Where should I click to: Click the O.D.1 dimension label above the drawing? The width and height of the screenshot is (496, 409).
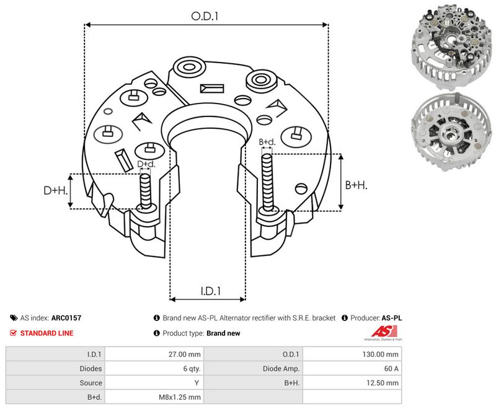[205, 16]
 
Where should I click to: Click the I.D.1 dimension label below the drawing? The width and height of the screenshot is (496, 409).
[211, 291]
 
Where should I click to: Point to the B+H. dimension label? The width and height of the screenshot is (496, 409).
[356, 185]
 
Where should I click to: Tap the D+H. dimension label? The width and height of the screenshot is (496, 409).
[55, 190]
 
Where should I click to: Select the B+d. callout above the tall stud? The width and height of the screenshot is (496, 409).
[267, 142]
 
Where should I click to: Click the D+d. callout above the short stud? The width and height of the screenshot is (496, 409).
[146, 164]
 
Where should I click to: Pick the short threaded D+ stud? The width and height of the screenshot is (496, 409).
[146, 191]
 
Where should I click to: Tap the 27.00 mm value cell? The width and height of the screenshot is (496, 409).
[184, 354]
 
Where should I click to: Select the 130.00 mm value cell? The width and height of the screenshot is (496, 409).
[380, 354]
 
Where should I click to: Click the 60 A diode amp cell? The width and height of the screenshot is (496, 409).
[391, 369]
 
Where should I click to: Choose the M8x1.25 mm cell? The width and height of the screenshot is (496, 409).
[180, 397]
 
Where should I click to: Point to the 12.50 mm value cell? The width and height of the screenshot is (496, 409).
[382, 383]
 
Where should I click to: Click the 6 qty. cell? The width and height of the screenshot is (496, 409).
[192, 369]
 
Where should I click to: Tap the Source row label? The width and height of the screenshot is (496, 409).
[91, 383]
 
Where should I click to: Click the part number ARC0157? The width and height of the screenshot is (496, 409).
[66, 318]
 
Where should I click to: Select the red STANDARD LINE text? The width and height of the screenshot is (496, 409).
[46, 333]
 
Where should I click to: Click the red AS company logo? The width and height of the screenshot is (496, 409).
[383, 332]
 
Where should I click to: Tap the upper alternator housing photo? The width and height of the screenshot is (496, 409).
[451, 46]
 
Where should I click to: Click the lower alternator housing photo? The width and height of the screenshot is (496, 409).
[451, 132]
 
